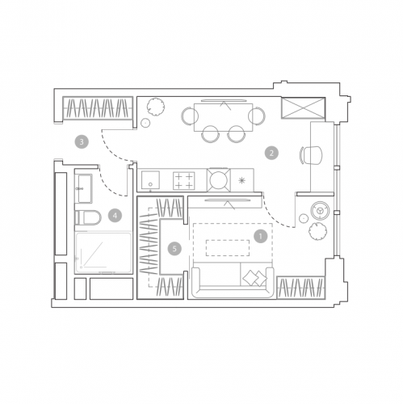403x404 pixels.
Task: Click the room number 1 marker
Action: point(260,236)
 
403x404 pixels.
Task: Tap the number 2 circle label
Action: point(271,153)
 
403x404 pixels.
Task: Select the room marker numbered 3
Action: point(82,141)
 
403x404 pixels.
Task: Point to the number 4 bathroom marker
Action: point(115,216)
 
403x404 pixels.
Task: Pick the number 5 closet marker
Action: point(174,248)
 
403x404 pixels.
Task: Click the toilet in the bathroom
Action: point(88,217)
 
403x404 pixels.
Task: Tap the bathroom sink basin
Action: point(85,188)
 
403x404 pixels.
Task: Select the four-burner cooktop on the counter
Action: point(184,181)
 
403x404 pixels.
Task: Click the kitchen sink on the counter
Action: point(150,179)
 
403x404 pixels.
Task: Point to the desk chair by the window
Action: point(311,155)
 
